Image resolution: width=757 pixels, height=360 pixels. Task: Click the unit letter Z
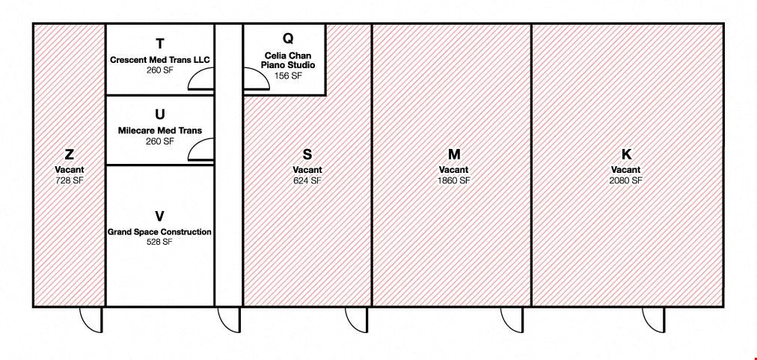pyautogui.click(x=69, y=155)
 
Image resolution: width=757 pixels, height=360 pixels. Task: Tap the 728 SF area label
pyautogui.click(x=69, y=180)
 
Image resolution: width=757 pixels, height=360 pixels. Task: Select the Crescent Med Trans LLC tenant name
pyautogui.click(x=160, y=61)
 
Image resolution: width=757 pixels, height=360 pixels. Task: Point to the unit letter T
pyautogui.click(x=160, y=43)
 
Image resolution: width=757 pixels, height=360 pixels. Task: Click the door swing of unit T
pyautogui.click(x=200, y=78)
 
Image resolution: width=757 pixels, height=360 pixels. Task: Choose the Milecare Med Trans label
pyautogui.click(x=160, y=130)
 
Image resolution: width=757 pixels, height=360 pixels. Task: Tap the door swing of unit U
pyautogui.click(x=200, y=149)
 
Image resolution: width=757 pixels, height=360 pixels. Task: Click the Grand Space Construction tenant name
pyautogui.click(x=159, y=232)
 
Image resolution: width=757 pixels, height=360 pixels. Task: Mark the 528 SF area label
pyautogui.click(x=159, y=242)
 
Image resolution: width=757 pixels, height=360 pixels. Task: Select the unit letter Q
pyautogui.click(x=288, y=37)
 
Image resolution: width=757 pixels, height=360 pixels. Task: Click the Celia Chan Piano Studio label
pyautogui.click(x=288, y=60)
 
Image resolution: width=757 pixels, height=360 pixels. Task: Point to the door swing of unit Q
pyautogui.click(x=256, y=78)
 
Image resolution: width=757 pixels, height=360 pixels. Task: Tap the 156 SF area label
pyautogui.click(x=288, y=76)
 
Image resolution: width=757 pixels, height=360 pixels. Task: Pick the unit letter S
pyautogui.click(x=307, y=155)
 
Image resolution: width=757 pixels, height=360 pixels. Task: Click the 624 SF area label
pyautogui.click(x=307, y=180)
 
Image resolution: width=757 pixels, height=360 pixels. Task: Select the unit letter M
pyautogui.click(x=454, y=155)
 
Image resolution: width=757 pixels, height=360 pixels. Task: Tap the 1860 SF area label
pyautogui.click(x=454, y=180)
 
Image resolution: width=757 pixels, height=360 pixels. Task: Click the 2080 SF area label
pyautogui.click(x=625, y=180)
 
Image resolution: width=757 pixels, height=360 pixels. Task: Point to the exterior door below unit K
pyautogui.click(x=653, y=320)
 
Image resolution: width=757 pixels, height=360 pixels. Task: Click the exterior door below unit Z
pyautogui.click(x=91, y=320)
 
